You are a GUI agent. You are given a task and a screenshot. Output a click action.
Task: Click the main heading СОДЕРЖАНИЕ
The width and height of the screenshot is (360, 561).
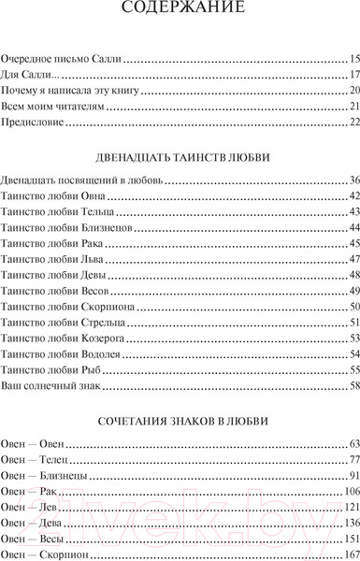180,12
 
